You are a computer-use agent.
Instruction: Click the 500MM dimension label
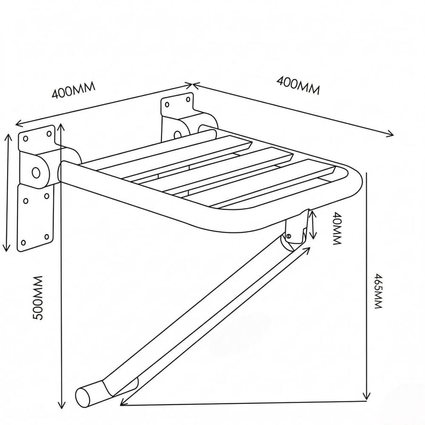38,298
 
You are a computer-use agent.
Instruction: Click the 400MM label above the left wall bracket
74,90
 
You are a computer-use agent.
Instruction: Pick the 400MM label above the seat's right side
298,85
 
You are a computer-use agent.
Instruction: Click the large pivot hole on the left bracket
36,172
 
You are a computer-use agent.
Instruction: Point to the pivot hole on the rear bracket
178,135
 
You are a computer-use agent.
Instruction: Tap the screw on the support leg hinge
289,236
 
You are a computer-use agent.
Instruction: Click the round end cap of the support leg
84,397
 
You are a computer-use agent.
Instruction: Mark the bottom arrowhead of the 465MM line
367,397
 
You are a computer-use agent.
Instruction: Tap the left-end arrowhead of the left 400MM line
18,124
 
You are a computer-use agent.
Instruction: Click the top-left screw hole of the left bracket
26,139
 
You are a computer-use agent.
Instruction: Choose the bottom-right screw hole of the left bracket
47,237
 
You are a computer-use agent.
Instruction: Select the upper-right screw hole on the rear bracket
188,99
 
